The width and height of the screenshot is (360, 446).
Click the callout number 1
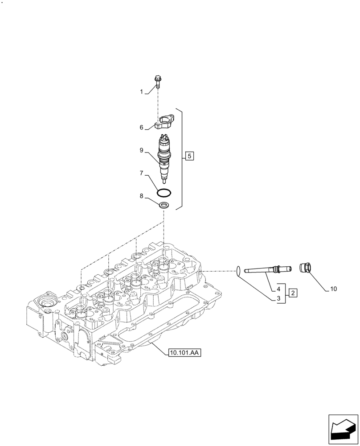141,92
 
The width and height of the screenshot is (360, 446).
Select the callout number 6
141,128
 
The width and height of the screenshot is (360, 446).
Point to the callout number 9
141,151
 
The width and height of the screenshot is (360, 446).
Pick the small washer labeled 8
164,206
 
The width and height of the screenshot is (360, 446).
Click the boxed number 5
189,156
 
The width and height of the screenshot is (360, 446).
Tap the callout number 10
333,289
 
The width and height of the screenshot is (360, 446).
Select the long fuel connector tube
267,269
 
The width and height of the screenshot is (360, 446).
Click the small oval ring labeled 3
238,270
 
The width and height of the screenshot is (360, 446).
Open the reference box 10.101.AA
185,353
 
